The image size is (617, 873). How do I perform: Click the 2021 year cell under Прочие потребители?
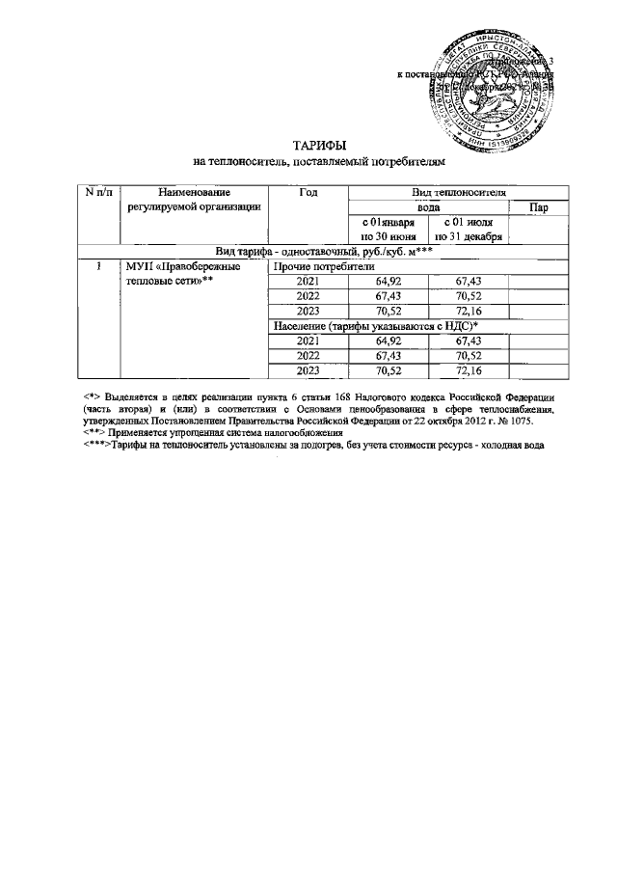coord(308,282)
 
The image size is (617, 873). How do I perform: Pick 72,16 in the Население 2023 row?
coord(468,370)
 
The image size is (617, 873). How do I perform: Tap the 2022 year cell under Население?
coord(308,356)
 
